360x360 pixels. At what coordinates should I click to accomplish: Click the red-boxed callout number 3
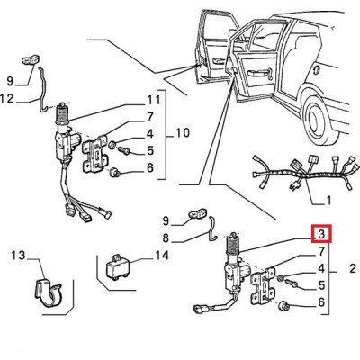[x=321, y=233]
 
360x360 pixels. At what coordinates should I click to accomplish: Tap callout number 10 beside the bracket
[x=182, y=132]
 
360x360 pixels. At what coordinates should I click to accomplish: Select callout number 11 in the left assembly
[x=154, y=100]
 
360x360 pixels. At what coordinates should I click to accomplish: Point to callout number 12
[x=7, y=98]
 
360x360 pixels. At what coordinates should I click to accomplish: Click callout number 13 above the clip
[x=19, y=256]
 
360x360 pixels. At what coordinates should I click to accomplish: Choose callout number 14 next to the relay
[x=162, y=256]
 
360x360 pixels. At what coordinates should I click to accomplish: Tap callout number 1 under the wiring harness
[x=328, y=200]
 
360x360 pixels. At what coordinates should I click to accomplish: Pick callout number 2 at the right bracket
[x=353, y=268]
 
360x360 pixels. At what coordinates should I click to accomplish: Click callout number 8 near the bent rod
[x=166, y=238]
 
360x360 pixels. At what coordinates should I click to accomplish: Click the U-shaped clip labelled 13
[x=49, y=292]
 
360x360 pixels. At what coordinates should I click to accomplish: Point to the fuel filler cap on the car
[x=315, y=70]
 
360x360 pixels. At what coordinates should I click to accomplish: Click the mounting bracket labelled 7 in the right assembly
[x=263, y=284]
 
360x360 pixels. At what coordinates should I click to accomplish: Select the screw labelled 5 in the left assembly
[x=122, y=150]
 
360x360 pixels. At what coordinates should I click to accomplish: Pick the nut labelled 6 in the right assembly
[x=283, y=306]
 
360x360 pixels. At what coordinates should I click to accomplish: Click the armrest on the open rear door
[x=258, y=73]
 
